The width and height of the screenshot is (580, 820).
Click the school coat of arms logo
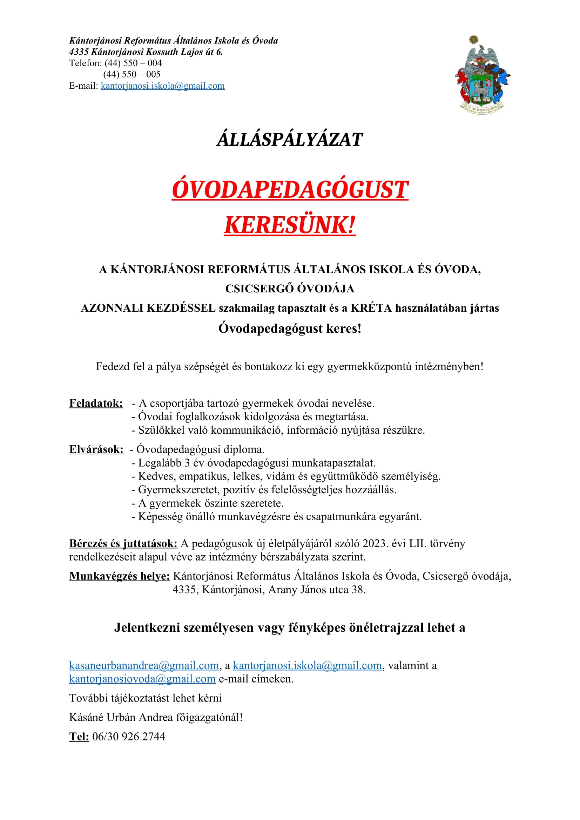(x=482, y=75)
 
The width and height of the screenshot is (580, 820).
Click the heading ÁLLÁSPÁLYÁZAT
(x=290, y=139)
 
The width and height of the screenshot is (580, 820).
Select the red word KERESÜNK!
(x=290, y=225)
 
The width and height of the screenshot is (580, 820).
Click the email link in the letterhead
(x=162, y=86)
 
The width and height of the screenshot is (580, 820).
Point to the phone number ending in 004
(x=133, y=63)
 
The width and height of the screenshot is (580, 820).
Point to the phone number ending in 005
(x=132, y=74)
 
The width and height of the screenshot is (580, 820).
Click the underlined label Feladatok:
(x=96, y=403)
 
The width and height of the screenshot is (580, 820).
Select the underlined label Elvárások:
(x=96, y=449)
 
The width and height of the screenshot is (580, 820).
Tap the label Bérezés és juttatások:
(x=123, y=544)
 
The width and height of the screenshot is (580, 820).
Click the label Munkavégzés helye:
(x=119, y=576)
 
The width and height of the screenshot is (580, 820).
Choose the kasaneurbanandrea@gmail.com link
(x=144, y=665)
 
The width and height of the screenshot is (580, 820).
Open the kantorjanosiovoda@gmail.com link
(x=142, y=679)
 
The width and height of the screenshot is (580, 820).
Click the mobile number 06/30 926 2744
(x=129, y=737)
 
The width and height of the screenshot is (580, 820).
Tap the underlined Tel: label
(x=79, y=737)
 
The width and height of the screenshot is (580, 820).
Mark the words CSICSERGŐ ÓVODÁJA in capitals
(x=290, y=289)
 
